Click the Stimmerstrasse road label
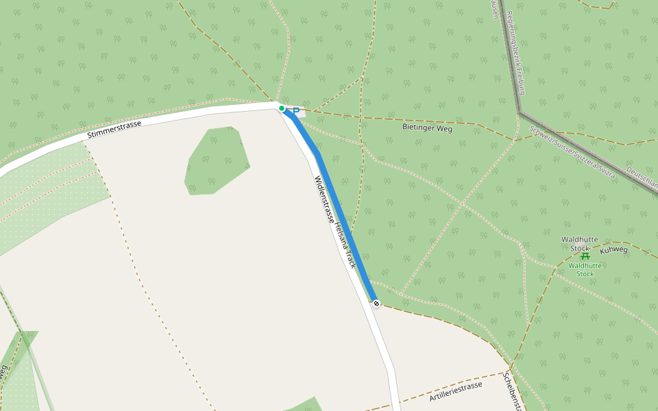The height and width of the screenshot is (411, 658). tap(114, 129)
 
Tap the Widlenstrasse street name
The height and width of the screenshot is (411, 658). tap(324, 201)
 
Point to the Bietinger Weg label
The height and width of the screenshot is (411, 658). tap(427, 128)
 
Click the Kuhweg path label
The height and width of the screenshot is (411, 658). tap(613, 249)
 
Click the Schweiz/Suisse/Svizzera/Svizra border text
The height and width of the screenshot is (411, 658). tap(572, 151)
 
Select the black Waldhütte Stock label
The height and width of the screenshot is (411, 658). tap(580, 243)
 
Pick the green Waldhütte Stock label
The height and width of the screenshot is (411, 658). tap(585, 269)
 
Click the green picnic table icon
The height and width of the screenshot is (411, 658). tap(585, 256)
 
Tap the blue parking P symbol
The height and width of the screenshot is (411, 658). tap(296, 111)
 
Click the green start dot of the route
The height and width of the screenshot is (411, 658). tap(282, 108)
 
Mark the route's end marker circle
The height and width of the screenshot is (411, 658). tap(376, 303)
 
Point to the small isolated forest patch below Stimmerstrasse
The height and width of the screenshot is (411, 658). tap(216, 161)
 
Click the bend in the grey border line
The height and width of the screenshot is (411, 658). tap(520, 111)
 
